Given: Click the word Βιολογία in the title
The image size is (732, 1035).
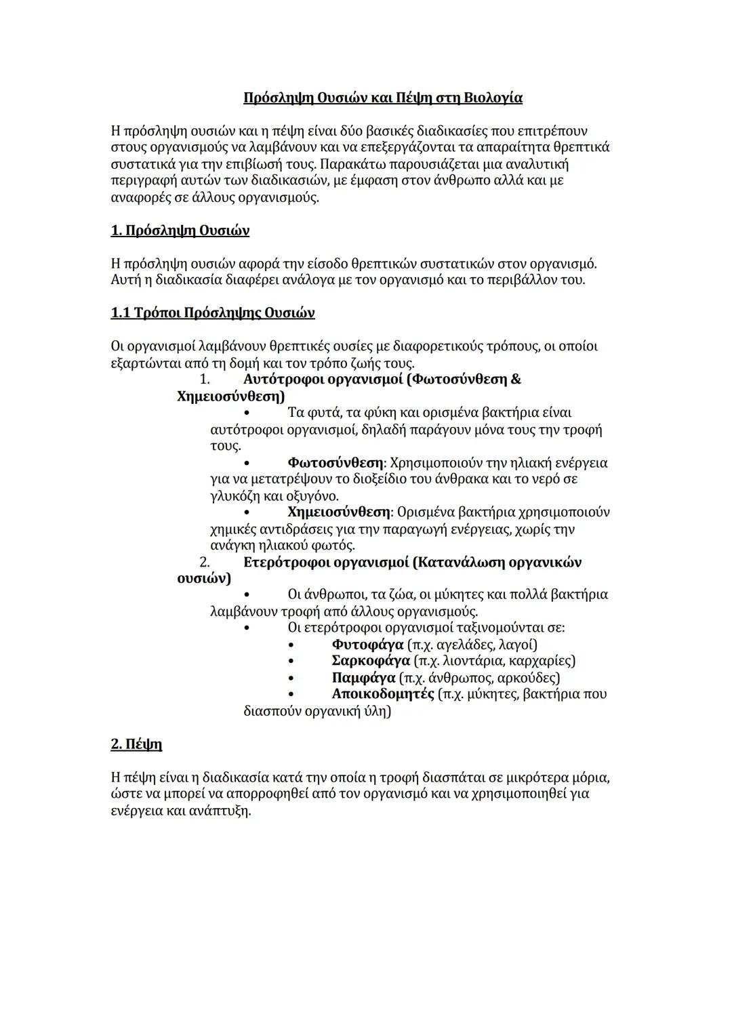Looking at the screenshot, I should (493, 98).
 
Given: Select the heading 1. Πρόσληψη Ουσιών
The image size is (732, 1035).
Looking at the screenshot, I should (180, 231).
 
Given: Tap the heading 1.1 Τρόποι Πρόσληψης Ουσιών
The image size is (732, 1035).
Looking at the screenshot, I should (212, 313).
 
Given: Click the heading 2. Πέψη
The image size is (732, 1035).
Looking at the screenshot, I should (136, 744).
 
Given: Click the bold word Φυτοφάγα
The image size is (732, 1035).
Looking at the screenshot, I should (367, 645).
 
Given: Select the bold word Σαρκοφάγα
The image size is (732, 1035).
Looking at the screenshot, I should (371, 661).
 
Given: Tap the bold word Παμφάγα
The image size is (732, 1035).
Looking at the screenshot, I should (363, 678).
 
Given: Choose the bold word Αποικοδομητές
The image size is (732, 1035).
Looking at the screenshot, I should (383, 694).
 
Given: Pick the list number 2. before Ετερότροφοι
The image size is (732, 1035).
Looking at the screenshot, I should (204, 563).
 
